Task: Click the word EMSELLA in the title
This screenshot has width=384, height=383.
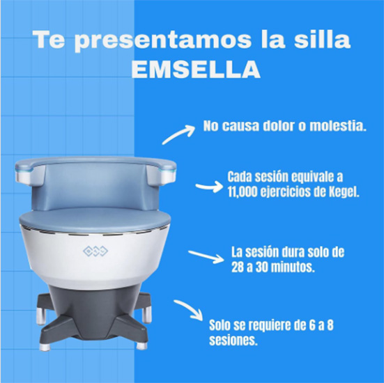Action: point(195,69)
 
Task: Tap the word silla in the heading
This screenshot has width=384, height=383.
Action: point(322,40)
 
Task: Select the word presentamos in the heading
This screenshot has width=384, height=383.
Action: point(162,41)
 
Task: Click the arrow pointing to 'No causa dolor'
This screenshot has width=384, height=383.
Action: point(178,134)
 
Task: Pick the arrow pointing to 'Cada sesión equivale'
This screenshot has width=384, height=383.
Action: point(209,187)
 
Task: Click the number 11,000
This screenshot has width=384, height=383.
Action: point(243,193)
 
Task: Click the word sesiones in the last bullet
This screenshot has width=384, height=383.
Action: point(233,341)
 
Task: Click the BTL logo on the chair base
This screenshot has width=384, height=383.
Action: point(95,251)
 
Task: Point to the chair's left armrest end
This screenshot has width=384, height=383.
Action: point(24,175)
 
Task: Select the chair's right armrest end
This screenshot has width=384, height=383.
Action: point(167,175)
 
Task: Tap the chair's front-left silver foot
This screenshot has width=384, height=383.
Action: point(45,346)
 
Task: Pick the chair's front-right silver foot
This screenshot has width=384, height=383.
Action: point(141,345)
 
